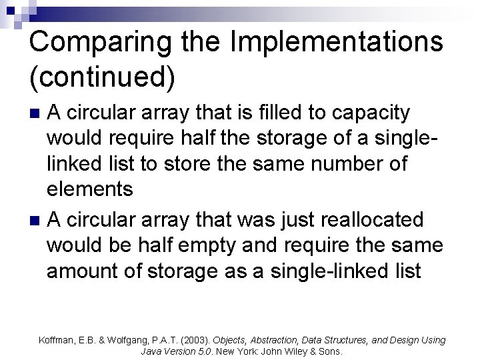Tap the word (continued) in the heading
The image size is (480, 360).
[103, 77]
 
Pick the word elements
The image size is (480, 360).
[90, 189]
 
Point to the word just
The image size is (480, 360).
[289, 220]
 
